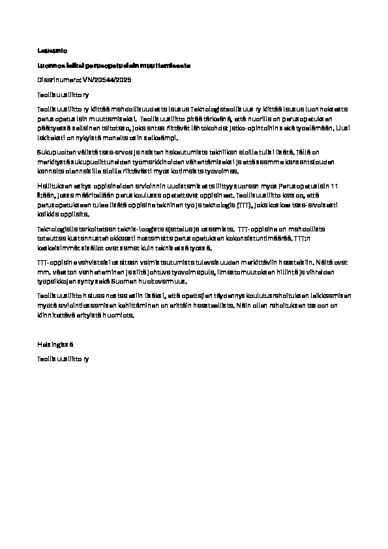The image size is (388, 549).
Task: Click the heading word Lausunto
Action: (48, 50)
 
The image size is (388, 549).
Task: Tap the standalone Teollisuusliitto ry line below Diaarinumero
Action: (61, 95)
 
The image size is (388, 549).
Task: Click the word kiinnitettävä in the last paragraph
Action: (55, 316)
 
